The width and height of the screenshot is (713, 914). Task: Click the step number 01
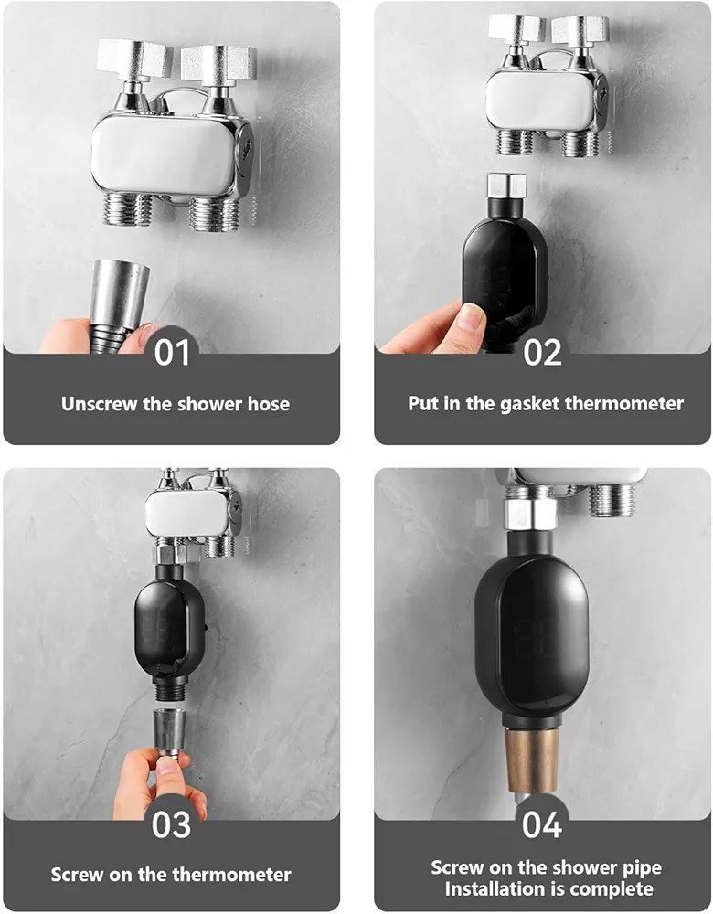pos(172,353)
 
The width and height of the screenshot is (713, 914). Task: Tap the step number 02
pos(542,353)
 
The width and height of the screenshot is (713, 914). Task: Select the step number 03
pos(172,824)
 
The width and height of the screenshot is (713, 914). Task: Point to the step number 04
pos(542,824)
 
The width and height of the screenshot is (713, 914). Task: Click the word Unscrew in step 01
pos(99,404)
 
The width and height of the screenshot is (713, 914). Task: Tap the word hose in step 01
pos(268,404)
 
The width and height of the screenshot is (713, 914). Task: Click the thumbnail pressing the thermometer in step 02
pos(471,316)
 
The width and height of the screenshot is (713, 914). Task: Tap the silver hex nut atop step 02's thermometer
pos(506,185)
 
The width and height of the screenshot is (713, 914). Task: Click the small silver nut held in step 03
pos(169,731)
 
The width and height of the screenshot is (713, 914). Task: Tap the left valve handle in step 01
pos(135,59)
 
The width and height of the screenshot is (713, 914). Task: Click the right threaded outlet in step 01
pos(214,213)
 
